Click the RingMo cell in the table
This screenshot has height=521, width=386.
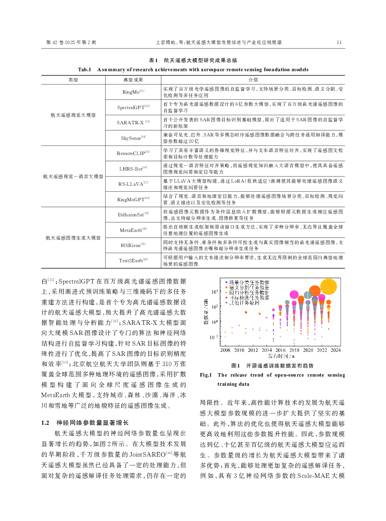(133, 92)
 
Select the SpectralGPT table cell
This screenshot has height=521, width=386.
(133, 108)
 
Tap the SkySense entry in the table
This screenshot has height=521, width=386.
(133, 138)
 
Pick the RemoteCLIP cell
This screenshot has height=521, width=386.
(133, 153)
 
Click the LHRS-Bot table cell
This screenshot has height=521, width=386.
(133, 169)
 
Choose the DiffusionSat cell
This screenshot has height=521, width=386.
(133, 215)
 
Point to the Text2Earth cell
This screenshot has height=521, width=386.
(133, 261)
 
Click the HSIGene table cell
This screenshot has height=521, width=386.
(133, 246)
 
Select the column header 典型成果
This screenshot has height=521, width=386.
(133, 80)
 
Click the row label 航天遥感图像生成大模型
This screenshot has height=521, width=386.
(73, 238)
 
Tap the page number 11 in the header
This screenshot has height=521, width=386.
(339, 42)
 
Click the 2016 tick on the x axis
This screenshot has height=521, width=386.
(280, 350)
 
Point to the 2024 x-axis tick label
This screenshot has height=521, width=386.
(336, 350)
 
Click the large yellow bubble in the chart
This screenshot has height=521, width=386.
(328, 286)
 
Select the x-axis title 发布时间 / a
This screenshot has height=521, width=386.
(281, 356)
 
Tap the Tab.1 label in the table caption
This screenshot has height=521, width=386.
(84, 70)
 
